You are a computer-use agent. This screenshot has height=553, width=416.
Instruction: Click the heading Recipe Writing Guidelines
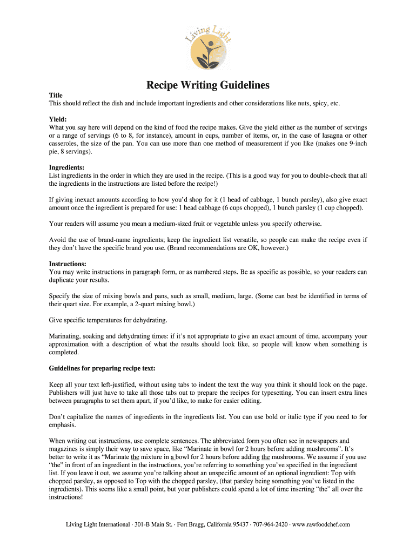(x=208, y=85)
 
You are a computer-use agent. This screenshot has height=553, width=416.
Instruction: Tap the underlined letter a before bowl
(x=172, y=457)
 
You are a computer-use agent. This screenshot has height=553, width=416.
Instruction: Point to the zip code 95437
(x=238, y=524)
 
